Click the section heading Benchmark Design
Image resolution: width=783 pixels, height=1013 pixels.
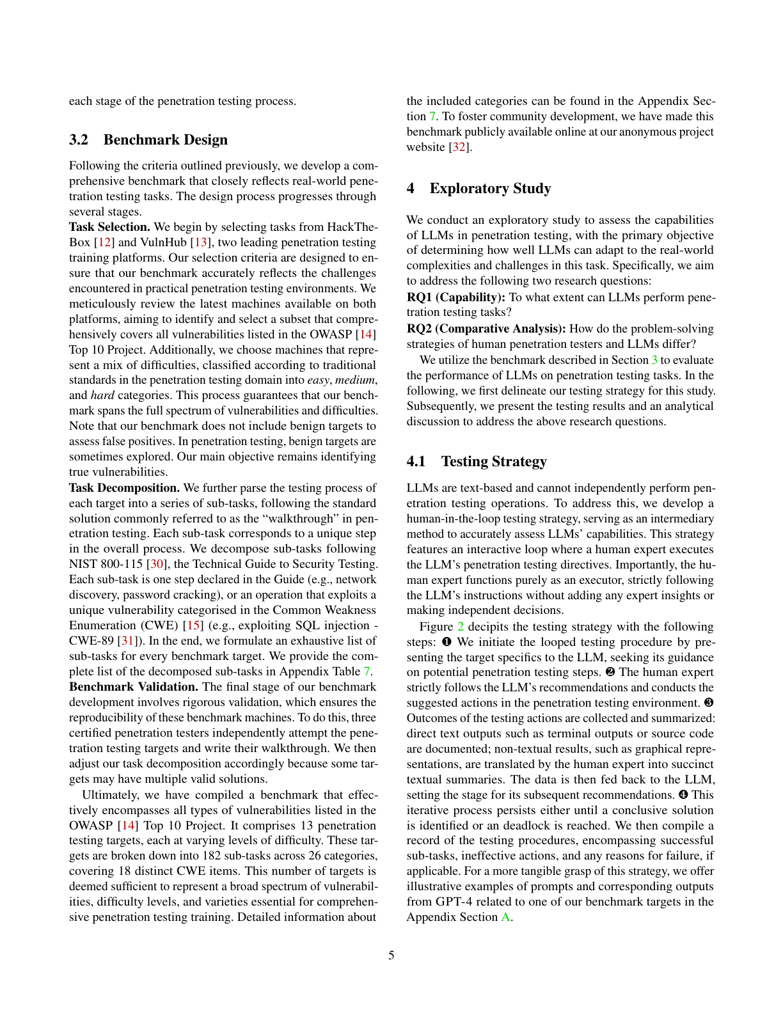tap(165, 140)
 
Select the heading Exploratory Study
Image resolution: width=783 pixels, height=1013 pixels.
tap(490, 189)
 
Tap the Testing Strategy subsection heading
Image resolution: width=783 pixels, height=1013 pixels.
tap(494, 462)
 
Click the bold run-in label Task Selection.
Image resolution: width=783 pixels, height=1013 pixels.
tap(109, 227)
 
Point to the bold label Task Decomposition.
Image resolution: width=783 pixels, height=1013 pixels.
tap(124, 488)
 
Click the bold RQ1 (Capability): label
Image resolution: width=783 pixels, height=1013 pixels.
tap(456, 297)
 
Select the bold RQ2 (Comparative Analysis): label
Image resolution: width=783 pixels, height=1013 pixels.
tap(486, 329)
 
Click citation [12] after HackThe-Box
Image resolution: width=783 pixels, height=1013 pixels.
tap(104, 242)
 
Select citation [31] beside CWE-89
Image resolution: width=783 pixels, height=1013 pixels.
tap(122, 641)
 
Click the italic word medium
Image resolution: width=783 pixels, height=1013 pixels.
tap(355, 381)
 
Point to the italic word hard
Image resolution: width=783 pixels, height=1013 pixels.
tap(102, 396)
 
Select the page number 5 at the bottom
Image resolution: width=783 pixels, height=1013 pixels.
tap(391, 956)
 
